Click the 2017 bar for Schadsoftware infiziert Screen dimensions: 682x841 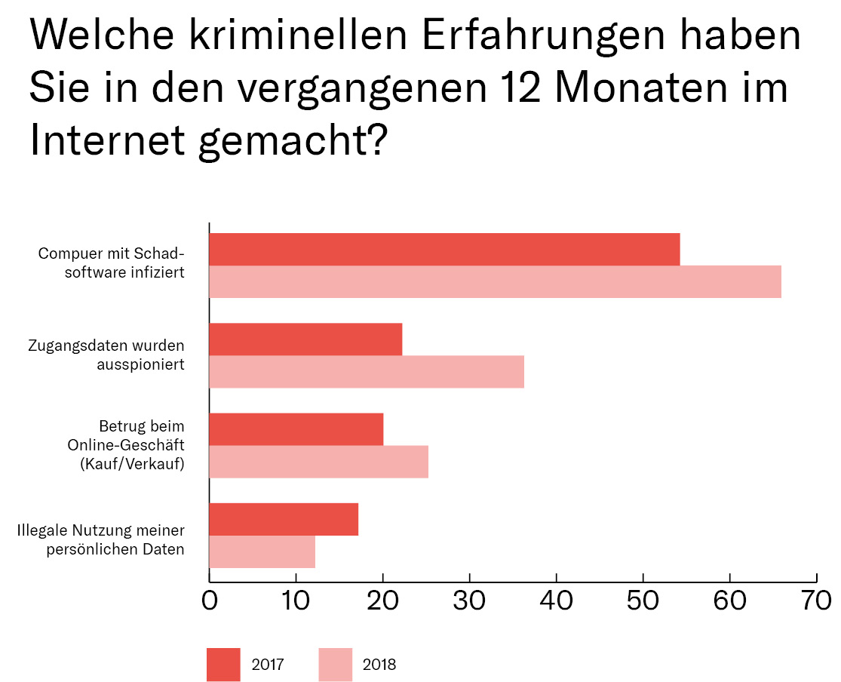click(x=444, y=250)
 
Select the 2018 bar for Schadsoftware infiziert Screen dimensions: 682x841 click(x=495, y=282)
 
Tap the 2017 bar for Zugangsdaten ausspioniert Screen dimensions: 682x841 click(x=305, y=339)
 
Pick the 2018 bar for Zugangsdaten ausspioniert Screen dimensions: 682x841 click(x=367, y=372)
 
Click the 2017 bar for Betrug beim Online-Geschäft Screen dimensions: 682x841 click(x=296, y=429)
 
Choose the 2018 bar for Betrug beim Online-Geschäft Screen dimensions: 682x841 click(x=318, y=462)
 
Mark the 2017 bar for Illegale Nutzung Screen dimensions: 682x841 click(x=284, y=519)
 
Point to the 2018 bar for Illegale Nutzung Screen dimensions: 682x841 click(x=262, y=551)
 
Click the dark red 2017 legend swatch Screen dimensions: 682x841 click(x=223, y=665)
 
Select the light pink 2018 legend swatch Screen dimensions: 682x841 click(x=335, y=665)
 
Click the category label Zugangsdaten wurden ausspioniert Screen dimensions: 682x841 click(x=106, y=355)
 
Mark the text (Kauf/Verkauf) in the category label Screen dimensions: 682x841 click(x=132, y=463)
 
